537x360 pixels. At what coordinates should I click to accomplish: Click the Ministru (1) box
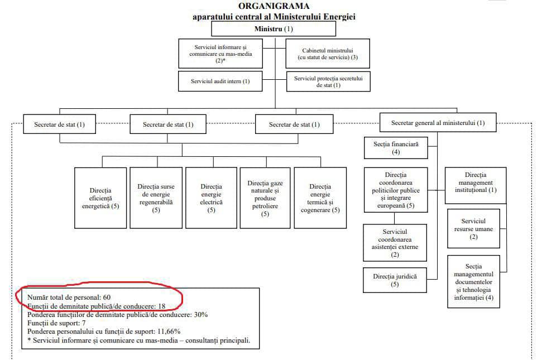(x=274, y=29)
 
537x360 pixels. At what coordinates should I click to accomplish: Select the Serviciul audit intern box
(x=220, y=81)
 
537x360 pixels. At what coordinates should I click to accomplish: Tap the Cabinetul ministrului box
(x=328, y=54)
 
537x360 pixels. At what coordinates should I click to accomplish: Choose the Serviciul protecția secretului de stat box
(x=328, y=81)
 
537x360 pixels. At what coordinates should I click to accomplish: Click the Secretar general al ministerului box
(x=438, y=123)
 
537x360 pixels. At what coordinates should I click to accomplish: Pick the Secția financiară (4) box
(x=396, y=148)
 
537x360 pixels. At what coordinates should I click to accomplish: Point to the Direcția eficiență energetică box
(x=100, y=198)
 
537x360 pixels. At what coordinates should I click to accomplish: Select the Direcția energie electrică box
(x=211, y=198)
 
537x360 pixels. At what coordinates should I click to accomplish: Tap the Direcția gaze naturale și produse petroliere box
(x=265, y=198)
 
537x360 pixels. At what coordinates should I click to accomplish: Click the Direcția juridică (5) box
(x=395, y=280)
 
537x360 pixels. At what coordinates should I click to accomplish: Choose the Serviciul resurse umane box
(x=473, y=229)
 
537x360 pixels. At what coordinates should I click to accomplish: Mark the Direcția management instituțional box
(x=476, y=186)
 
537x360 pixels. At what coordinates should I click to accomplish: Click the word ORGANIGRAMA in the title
(x=274, y=6)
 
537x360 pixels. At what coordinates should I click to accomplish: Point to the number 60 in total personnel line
(x=107, y=297)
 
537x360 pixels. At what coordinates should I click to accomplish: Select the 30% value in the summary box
(x=201, y=314)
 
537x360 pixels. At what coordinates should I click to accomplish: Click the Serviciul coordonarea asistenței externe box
(x=395, y=243)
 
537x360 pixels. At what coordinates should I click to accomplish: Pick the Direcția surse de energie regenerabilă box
(x=156, y=198)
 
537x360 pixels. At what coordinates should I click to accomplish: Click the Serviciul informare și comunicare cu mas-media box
(x=220, y=54)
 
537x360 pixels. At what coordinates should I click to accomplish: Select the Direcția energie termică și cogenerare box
(x=320, y=198)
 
